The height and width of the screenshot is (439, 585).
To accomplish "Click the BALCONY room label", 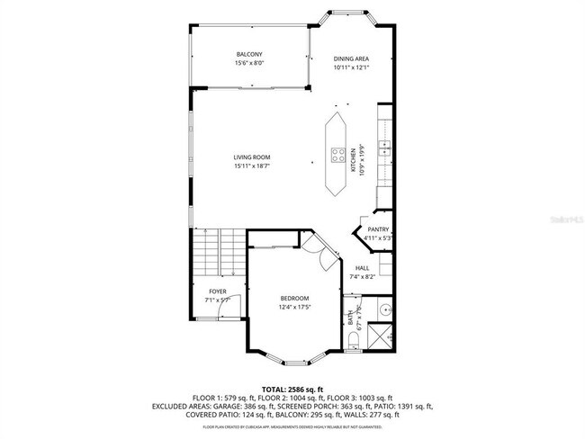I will tap(249, 55).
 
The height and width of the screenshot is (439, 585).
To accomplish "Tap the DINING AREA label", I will tap(351, 58).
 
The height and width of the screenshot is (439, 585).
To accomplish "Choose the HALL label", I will tap(363, 268).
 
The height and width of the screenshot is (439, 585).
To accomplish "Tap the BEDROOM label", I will tap(293, 299).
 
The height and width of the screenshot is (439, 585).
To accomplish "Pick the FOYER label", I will tap(218, 291).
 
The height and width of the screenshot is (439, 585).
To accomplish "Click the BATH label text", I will tap(351, 319).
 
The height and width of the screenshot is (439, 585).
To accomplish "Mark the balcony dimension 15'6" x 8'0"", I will tap(249, 63).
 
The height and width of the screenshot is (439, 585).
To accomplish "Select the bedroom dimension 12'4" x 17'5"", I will tap(293, 308).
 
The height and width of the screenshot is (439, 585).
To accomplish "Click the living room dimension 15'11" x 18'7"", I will tap(252, 166).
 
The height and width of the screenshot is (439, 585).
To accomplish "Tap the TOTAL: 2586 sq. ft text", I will tap(292, 388).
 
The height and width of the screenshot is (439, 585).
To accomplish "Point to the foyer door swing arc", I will tap(231, 307).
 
